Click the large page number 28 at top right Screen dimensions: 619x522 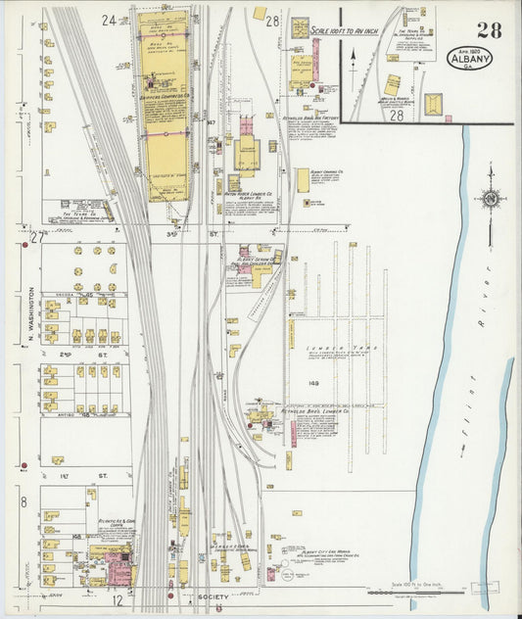click(x=489, y=30)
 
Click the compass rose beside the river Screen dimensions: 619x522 click(x=491, y=199)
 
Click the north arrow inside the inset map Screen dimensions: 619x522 click(x=352, y=59)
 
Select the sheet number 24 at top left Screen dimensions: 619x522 click(x=108, y=20)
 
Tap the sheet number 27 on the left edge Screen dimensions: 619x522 click(x=37, y=237)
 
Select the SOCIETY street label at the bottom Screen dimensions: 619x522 click(x=212, y=596)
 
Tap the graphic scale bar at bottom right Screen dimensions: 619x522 click(x=411, y=592)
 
